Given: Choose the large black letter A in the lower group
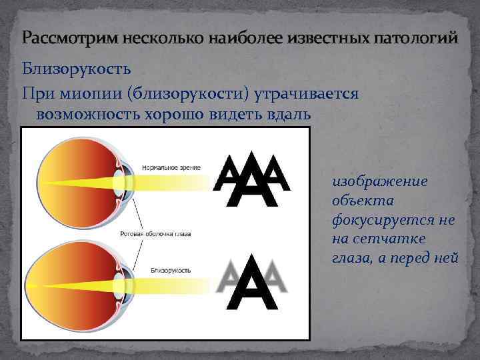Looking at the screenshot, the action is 252,283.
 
